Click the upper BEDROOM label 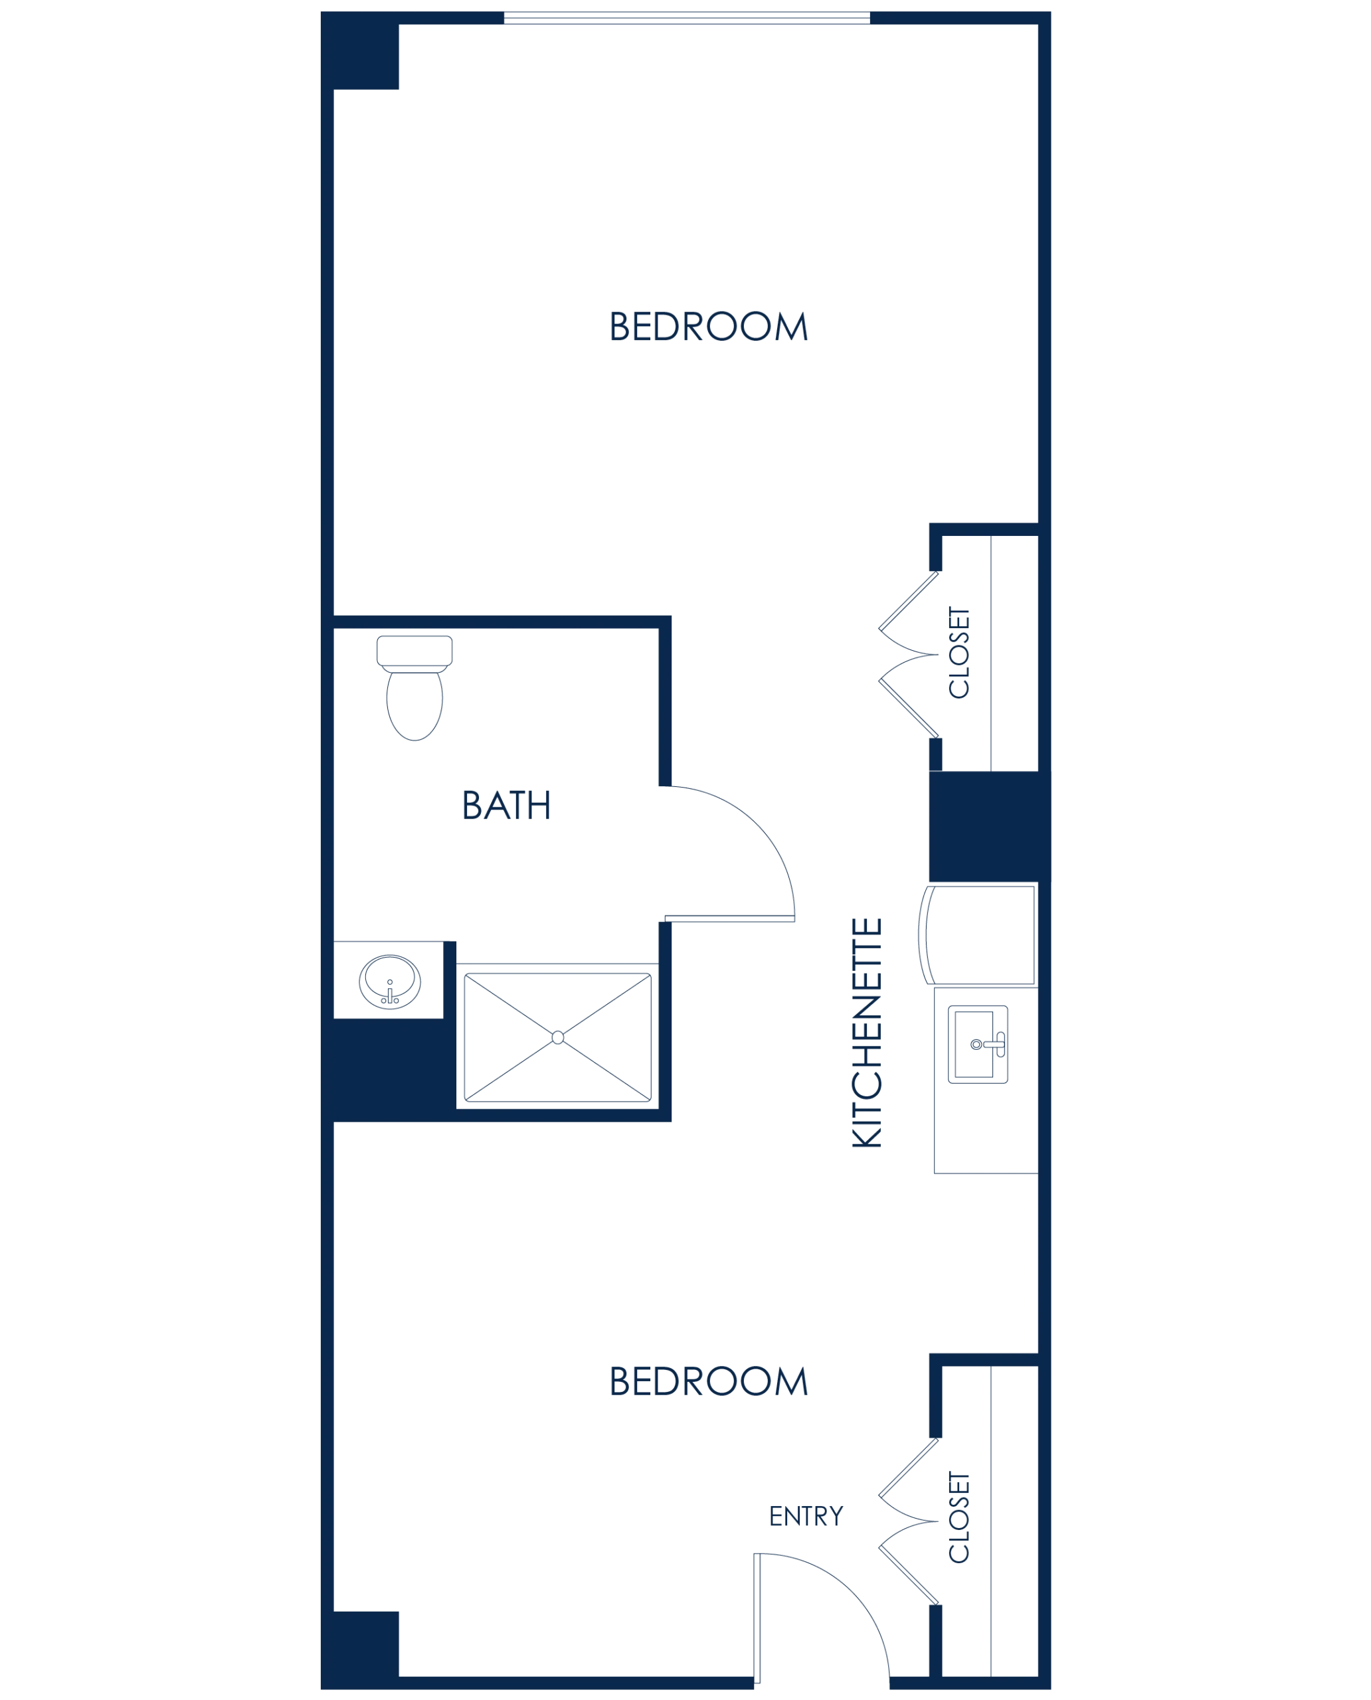708,326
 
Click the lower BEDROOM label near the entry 708,1381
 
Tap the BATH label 506,806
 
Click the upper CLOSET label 959,652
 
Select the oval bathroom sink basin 390,982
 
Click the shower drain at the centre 557,1037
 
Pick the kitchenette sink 978,1045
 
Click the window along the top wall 687,18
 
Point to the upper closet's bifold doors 909,655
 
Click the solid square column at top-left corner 359,50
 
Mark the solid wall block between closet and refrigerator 990,826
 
